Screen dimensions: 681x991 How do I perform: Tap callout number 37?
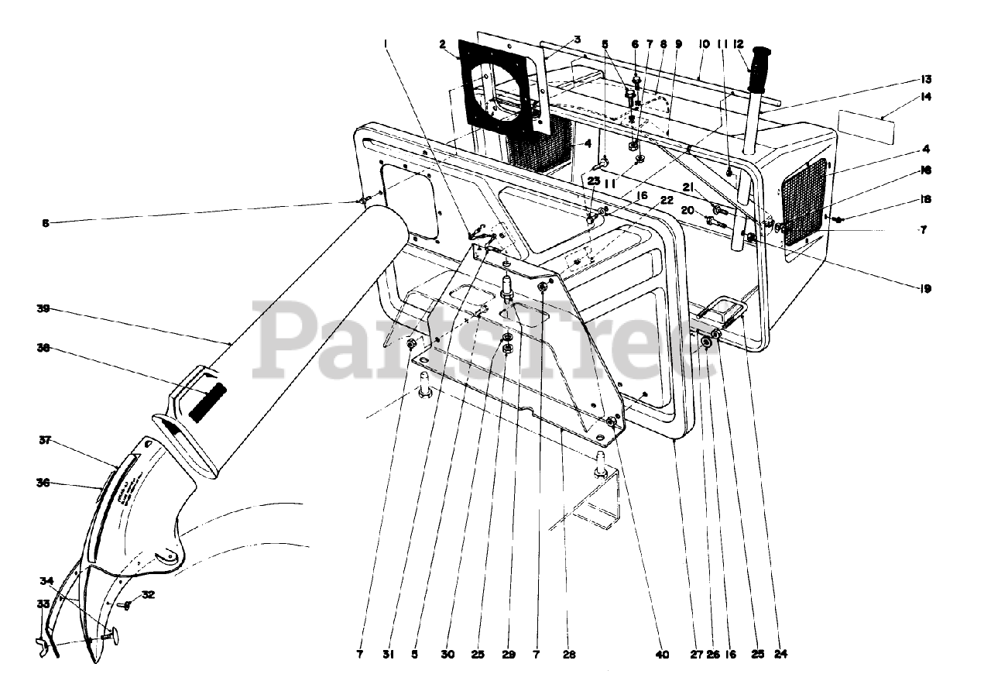pyautogui.click(x=43, y=440)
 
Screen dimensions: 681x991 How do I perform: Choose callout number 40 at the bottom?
pyautogui.click(x=661, y=655)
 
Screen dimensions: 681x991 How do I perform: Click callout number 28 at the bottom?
pyautogui.click(x=569, y=655)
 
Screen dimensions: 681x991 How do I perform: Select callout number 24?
pyautogui.click(x=780, y=655)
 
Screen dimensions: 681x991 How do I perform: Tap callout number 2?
pyautogui.click(x=443, y=45)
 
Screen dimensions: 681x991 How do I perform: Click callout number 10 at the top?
pyautogui.click(x=704, y=44)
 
